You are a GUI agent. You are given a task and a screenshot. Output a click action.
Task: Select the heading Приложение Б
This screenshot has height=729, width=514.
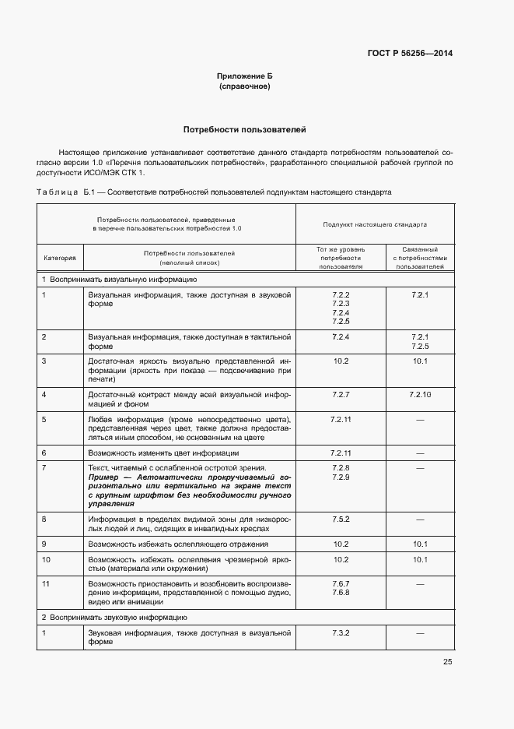coord(245,76)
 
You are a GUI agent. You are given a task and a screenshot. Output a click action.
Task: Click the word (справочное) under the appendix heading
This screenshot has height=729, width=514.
coord(245,86)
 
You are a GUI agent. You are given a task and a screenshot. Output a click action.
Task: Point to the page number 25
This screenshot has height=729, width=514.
coord(447,662)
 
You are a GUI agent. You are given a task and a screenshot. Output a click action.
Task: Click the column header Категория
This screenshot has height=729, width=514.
coord(60,257)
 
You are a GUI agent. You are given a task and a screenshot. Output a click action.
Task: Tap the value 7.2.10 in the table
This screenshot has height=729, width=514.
coord(420,395)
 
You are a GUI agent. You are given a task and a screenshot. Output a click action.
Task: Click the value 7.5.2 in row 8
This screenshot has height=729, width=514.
coord(341,518)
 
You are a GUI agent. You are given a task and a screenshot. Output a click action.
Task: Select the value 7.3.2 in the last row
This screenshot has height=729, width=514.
coord(341,634)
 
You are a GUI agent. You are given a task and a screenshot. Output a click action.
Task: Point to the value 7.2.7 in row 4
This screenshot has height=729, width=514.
coord(341,395)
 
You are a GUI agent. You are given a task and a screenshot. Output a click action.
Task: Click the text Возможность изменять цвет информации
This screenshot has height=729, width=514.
coord(163,453)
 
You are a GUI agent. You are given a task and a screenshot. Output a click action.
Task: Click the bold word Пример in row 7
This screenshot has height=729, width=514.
coord(105,476)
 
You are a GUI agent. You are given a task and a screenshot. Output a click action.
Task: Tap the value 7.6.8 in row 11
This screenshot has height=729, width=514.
coord(341,593)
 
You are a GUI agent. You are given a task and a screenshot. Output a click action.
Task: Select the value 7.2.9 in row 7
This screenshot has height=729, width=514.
coord(341,477)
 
